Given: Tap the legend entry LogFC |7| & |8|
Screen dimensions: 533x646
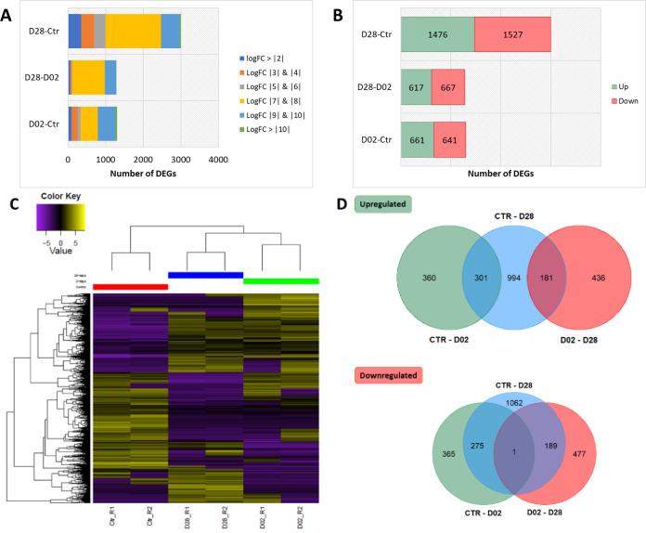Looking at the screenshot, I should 271,93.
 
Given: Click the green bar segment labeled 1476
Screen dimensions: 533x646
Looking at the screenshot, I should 437,33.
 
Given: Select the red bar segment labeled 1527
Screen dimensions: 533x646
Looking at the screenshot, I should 512,33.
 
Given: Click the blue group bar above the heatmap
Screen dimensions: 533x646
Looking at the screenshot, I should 205,275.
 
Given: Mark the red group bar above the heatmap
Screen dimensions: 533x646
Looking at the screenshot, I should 131,286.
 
